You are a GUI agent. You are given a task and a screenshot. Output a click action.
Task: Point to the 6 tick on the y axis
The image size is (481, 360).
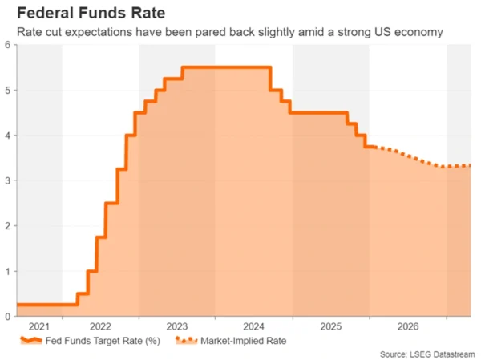coord(7,45)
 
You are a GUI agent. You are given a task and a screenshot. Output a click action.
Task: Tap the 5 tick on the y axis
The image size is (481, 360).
coord(7,90)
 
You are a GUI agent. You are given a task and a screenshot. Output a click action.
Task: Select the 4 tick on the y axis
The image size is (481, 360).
coord(7,136)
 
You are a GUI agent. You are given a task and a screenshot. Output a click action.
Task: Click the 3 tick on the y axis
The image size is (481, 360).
coord(7,180)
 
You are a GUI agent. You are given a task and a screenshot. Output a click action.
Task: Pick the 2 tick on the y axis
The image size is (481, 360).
coord(7,226)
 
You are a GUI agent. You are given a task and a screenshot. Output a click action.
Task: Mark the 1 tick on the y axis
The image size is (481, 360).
coord(7,271)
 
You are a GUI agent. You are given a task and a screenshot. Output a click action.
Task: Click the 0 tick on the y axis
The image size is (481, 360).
coord(7,316)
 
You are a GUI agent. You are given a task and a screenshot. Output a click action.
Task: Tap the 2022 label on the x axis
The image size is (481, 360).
coord(100,326)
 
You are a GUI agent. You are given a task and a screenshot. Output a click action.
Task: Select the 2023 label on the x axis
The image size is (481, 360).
coord(176,326)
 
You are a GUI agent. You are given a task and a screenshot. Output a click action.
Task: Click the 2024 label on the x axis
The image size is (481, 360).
coord(253,326)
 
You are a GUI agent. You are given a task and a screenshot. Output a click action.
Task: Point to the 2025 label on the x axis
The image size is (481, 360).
coord(330,326)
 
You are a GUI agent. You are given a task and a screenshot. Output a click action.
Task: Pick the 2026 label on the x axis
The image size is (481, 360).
coord(407,326)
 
